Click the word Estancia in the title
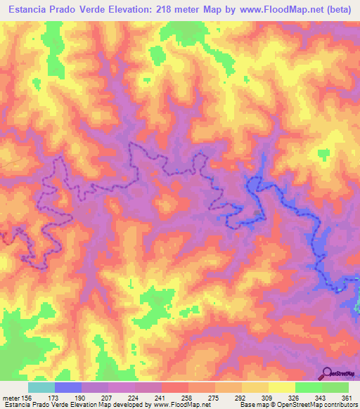[29, 11]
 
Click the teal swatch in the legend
[41, 387]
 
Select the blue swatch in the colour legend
[68, 387]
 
